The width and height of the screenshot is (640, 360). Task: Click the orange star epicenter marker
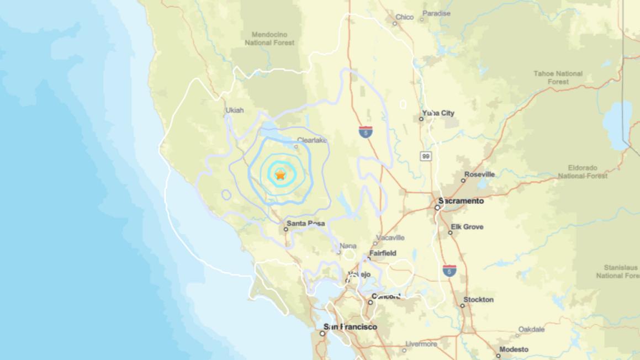click(x=280, y=175)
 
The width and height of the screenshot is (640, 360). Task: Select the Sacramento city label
click(x=461, y=201)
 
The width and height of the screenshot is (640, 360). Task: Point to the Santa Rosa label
click(x=305, y=224)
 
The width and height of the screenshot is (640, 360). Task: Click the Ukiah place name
click(x=234, y=110)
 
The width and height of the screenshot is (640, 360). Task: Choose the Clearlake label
click(x=312, y=140)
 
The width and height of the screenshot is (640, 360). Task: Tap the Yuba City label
click(x=439, y=113)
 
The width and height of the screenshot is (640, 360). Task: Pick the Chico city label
click(x=404, y=17)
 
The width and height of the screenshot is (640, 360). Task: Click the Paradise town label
click(x=437, y=13)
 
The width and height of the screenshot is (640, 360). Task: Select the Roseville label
click(x=479, y=174)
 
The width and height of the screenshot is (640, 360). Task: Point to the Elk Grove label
click(x=467, y=227)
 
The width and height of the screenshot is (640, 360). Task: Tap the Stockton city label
click(x=479, y=300)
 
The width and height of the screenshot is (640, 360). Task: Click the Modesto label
click(x=514, y=349)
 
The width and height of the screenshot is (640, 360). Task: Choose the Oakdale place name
click(x=531, y=330)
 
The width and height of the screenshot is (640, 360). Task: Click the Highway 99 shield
click(x=425, y=156)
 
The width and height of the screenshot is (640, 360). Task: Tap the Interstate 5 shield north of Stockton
click(x=449, y=271)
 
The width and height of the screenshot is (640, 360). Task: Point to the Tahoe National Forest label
click(x=558, y=77)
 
